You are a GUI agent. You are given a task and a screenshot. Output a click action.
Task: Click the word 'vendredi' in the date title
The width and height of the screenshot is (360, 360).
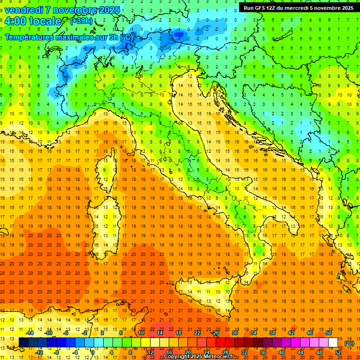23,10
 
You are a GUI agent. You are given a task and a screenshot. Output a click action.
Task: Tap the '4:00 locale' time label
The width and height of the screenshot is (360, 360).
33,21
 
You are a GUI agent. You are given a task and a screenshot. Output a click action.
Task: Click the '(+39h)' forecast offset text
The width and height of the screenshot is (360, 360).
81,21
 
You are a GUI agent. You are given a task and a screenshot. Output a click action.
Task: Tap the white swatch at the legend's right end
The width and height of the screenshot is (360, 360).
333,342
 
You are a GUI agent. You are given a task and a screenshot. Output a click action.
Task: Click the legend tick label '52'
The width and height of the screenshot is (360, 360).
338,352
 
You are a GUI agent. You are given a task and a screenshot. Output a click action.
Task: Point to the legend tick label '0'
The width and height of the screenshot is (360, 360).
92,352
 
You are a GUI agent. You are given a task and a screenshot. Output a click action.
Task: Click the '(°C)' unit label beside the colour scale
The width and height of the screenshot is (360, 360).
349,343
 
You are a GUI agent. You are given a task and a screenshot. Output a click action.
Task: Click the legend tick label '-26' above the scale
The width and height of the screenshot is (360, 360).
215,333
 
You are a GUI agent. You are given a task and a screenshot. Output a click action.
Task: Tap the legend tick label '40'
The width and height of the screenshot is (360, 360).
282,352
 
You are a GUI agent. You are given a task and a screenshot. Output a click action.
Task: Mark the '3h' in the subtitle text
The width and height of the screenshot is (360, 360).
112,37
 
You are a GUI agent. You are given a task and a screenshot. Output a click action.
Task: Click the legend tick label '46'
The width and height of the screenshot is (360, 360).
310,333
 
